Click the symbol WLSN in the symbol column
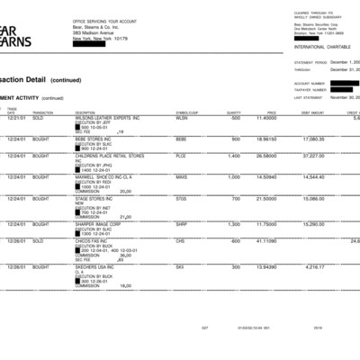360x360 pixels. coord(182,118)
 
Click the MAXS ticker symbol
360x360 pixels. coord(183,177)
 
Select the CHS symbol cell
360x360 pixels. coord(180,240)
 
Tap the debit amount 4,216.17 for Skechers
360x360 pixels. coord(313,267)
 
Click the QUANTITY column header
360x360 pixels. coord(233,112)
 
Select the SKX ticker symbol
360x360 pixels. coord(180,267)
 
